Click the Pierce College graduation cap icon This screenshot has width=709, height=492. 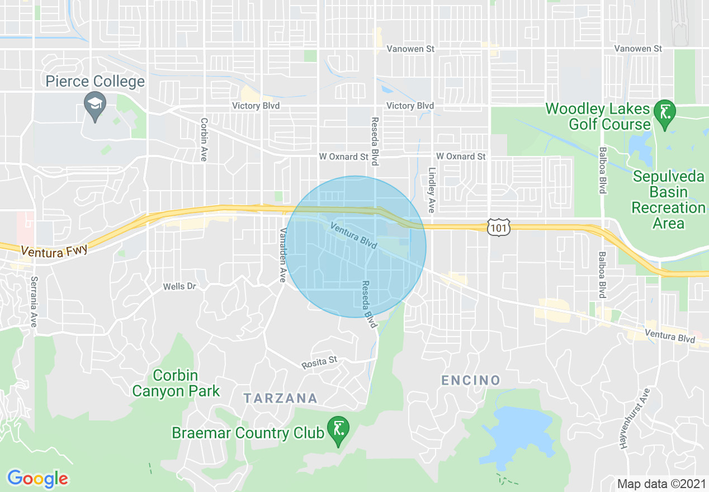click(95, 104)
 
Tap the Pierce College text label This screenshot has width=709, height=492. click(95, 82)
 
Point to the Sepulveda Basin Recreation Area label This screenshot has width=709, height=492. click(668, 200)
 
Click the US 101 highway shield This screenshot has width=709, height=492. click(496, 227)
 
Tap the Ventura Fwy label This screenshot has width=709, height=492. click(55, 250)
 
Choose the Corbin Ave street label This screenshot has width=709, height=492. click(204, 139)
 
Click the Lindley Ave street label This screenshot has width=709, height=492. click(431, 191)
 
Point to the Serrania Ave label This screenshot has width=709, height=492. click(34, 302)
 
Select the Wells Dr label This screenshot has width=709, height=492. click(179, 286)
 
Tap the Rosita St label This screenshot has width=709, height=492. click(320, 362)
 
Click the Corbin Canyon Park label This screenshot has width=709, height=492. click(176, 383)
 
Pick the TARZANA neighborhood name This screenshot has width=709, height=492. click(281, 398)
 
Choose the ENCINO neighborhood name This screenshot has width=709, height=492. click(471, 380)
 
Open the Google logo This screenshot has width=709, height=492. click(37, 479)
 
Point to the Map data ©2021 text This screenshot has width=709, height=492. click(660, 483)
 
